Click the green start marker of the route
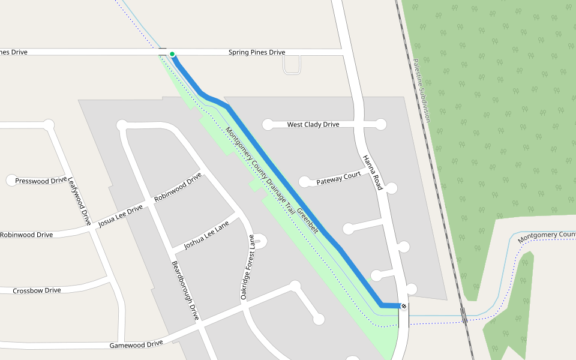tap(172, 54)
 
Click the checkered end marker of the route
tap(404, 306)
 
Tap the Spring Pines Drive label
tap(256, 52)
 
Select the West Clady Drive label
tap(313, 124)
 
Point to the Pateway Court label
tap(338, 177)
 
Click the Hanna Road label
tap(372, 173)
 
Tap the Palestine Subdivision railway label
tap(421, 90)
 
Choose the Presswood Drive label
tap(41, 181)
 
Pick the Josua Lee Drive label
tap(121, 214)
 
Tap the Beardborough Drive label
tap(185, 290)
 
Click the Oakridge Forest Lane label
tap(248, 266)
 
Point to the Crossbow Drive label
tap(37, 290)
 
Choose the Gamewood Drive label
tap(136, 344)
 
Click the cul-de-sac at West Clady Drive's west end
tap(268, 125)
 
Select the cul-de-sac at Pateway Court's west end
tap(305, 181)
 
